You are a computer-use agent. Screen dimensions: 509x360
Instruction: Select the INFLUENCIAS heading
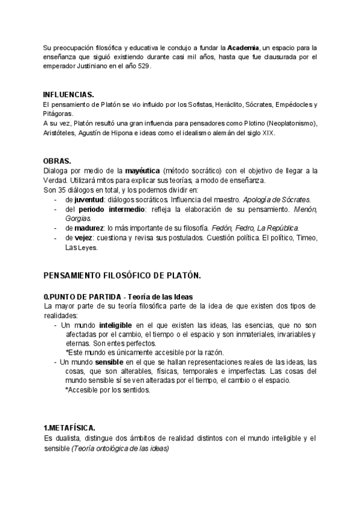(x=68, y=95)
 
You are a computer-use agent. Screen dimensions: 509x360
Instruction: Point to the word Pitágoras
(x=58, y=113)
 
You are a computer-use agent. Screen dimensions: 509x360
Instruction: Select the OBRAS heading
(x=57, y=161)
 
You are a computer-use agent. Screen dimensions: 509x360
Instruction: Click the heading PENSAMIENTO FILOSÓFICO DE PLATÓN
(x=122, y=275)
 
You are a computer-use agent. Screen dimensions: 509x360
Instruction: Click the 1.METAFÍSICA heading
(x=70, y=428)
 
